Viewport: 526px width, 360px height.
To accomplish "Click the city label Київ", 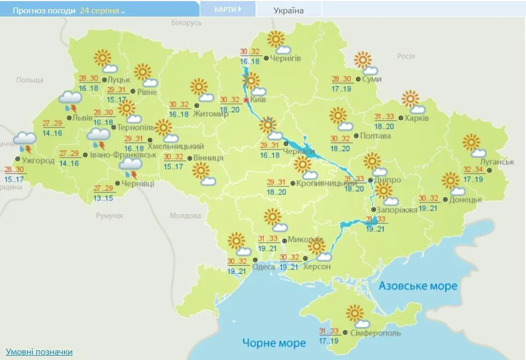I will [258, 100].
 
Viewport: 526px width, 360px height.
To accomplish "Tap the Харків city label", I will [417, 118].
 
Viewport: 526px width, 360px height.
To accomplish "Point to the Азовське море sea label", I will [418, 286].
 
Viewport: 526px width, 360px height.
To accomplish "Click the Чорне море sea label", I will [274, 342].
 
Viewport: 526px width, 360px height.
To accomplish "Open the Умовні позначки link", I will [39, 352].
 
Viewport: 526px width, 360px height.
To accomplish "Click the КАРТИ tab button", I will [227, 9].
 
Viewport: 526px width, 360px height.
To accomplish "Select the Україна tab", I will [288, 10].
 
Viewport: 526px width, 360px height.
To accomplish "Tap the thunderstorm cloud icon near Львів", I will [71, 101].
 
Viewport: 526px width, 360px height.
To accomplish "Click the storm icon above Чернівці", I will [130, 167].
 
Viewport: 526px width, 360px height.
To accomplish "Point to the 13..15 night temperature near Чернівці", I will [103, 198].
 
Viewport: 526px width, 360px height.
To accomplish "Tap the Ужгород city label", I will [38, 160].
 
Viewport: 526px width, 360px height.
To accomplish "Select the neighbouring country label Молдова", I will [185, 216].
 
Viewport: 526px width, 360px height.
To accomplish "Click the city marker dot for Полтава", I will [356, 136].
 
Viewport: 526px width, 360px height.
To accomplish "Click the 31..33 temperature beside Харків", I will [385, 117].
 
